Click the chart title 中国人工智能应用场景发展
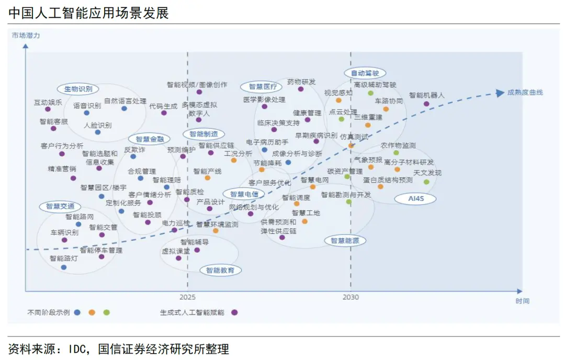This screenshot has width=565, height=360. tap(88, 13)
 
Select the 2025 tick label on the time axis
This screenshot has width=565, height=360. tap(188, 297)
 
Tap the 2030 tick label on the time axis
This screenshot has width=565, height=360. tap(351, 297)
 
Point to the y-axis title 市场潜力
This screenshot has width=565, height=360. tap(26, 36)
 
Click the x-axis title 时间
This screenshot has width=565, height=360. tap(522, 301)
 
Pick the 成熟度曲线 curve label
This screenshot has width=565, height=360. tap(525, 93)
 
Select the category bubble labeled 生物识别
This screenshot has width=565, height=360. tap(78, 89)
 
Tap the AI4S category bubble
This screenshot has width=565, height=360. tap(422, 198)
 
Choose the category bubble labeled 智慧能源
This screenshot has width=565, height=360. tap(345, 241)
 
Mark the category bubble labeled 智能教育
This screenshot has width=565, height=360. tap(220, 270)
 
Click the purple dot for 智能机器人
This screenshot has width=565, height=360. tap(426, 104)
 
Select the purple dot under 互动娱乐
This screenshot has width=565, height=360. tap(48, 109)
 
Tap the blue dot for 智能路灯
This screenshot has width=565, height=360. tap(64, 267)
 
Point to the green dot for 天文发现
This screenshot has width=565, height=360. tap(426, 182)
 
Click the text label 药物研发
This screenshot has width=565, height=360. tap(301, 82)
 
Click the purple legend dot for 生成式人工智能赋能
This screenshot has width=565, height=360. tap(234, 312)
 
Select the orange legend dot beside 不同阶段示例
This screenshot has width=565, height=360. tap(92, 312)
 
